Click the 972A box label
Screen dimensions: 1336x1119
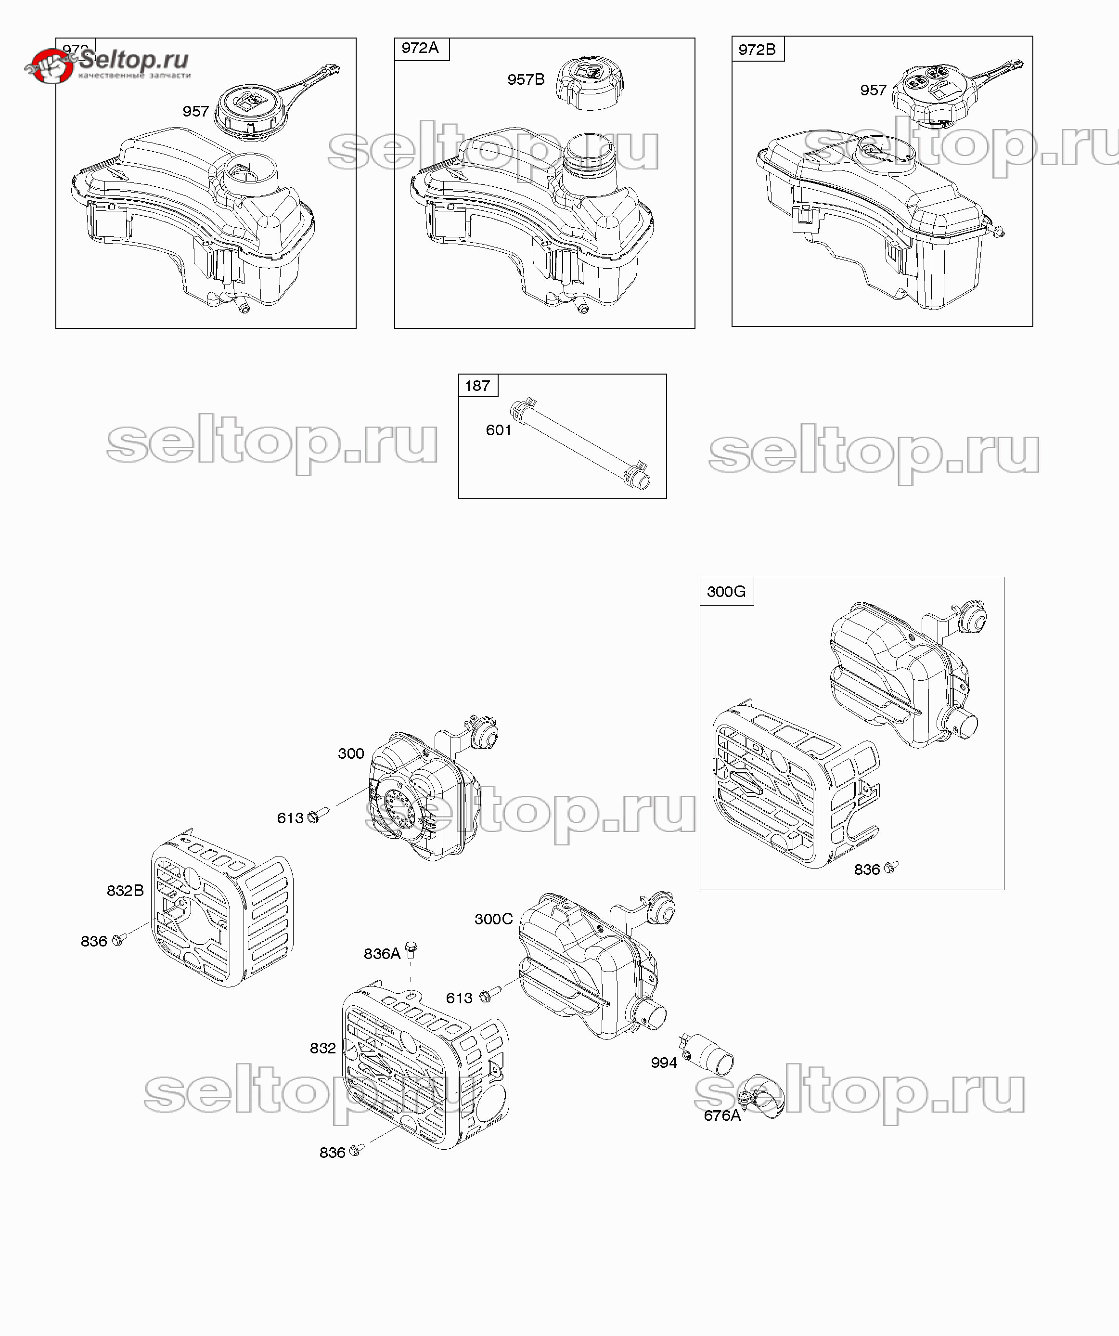click(421, 48)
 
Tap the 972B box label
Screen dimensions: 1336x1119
click(757, 49)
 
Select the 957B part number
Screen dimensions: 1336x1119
click(526, 79)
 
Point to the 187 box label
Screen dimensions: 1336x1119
click(477, 386)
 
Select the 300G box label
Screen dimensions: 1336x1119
click(726, 592)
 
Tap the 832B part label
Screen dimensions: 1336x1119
click(125, 891)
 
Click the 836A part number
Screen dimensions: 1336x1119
click(382, 954)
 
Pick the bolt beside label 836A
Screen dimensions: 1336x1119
click(411, 950)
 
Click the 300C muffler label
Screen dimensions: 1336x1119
click(494, 919)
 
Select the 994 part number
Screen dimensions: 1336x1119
click(664, 1063)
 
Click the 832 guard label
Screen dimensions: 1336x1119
click(322, 1048)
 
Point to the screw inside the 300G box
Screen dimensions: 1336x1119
click(892, 867)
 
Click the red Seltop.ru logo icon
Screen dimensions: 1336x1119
click(50, 66)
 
